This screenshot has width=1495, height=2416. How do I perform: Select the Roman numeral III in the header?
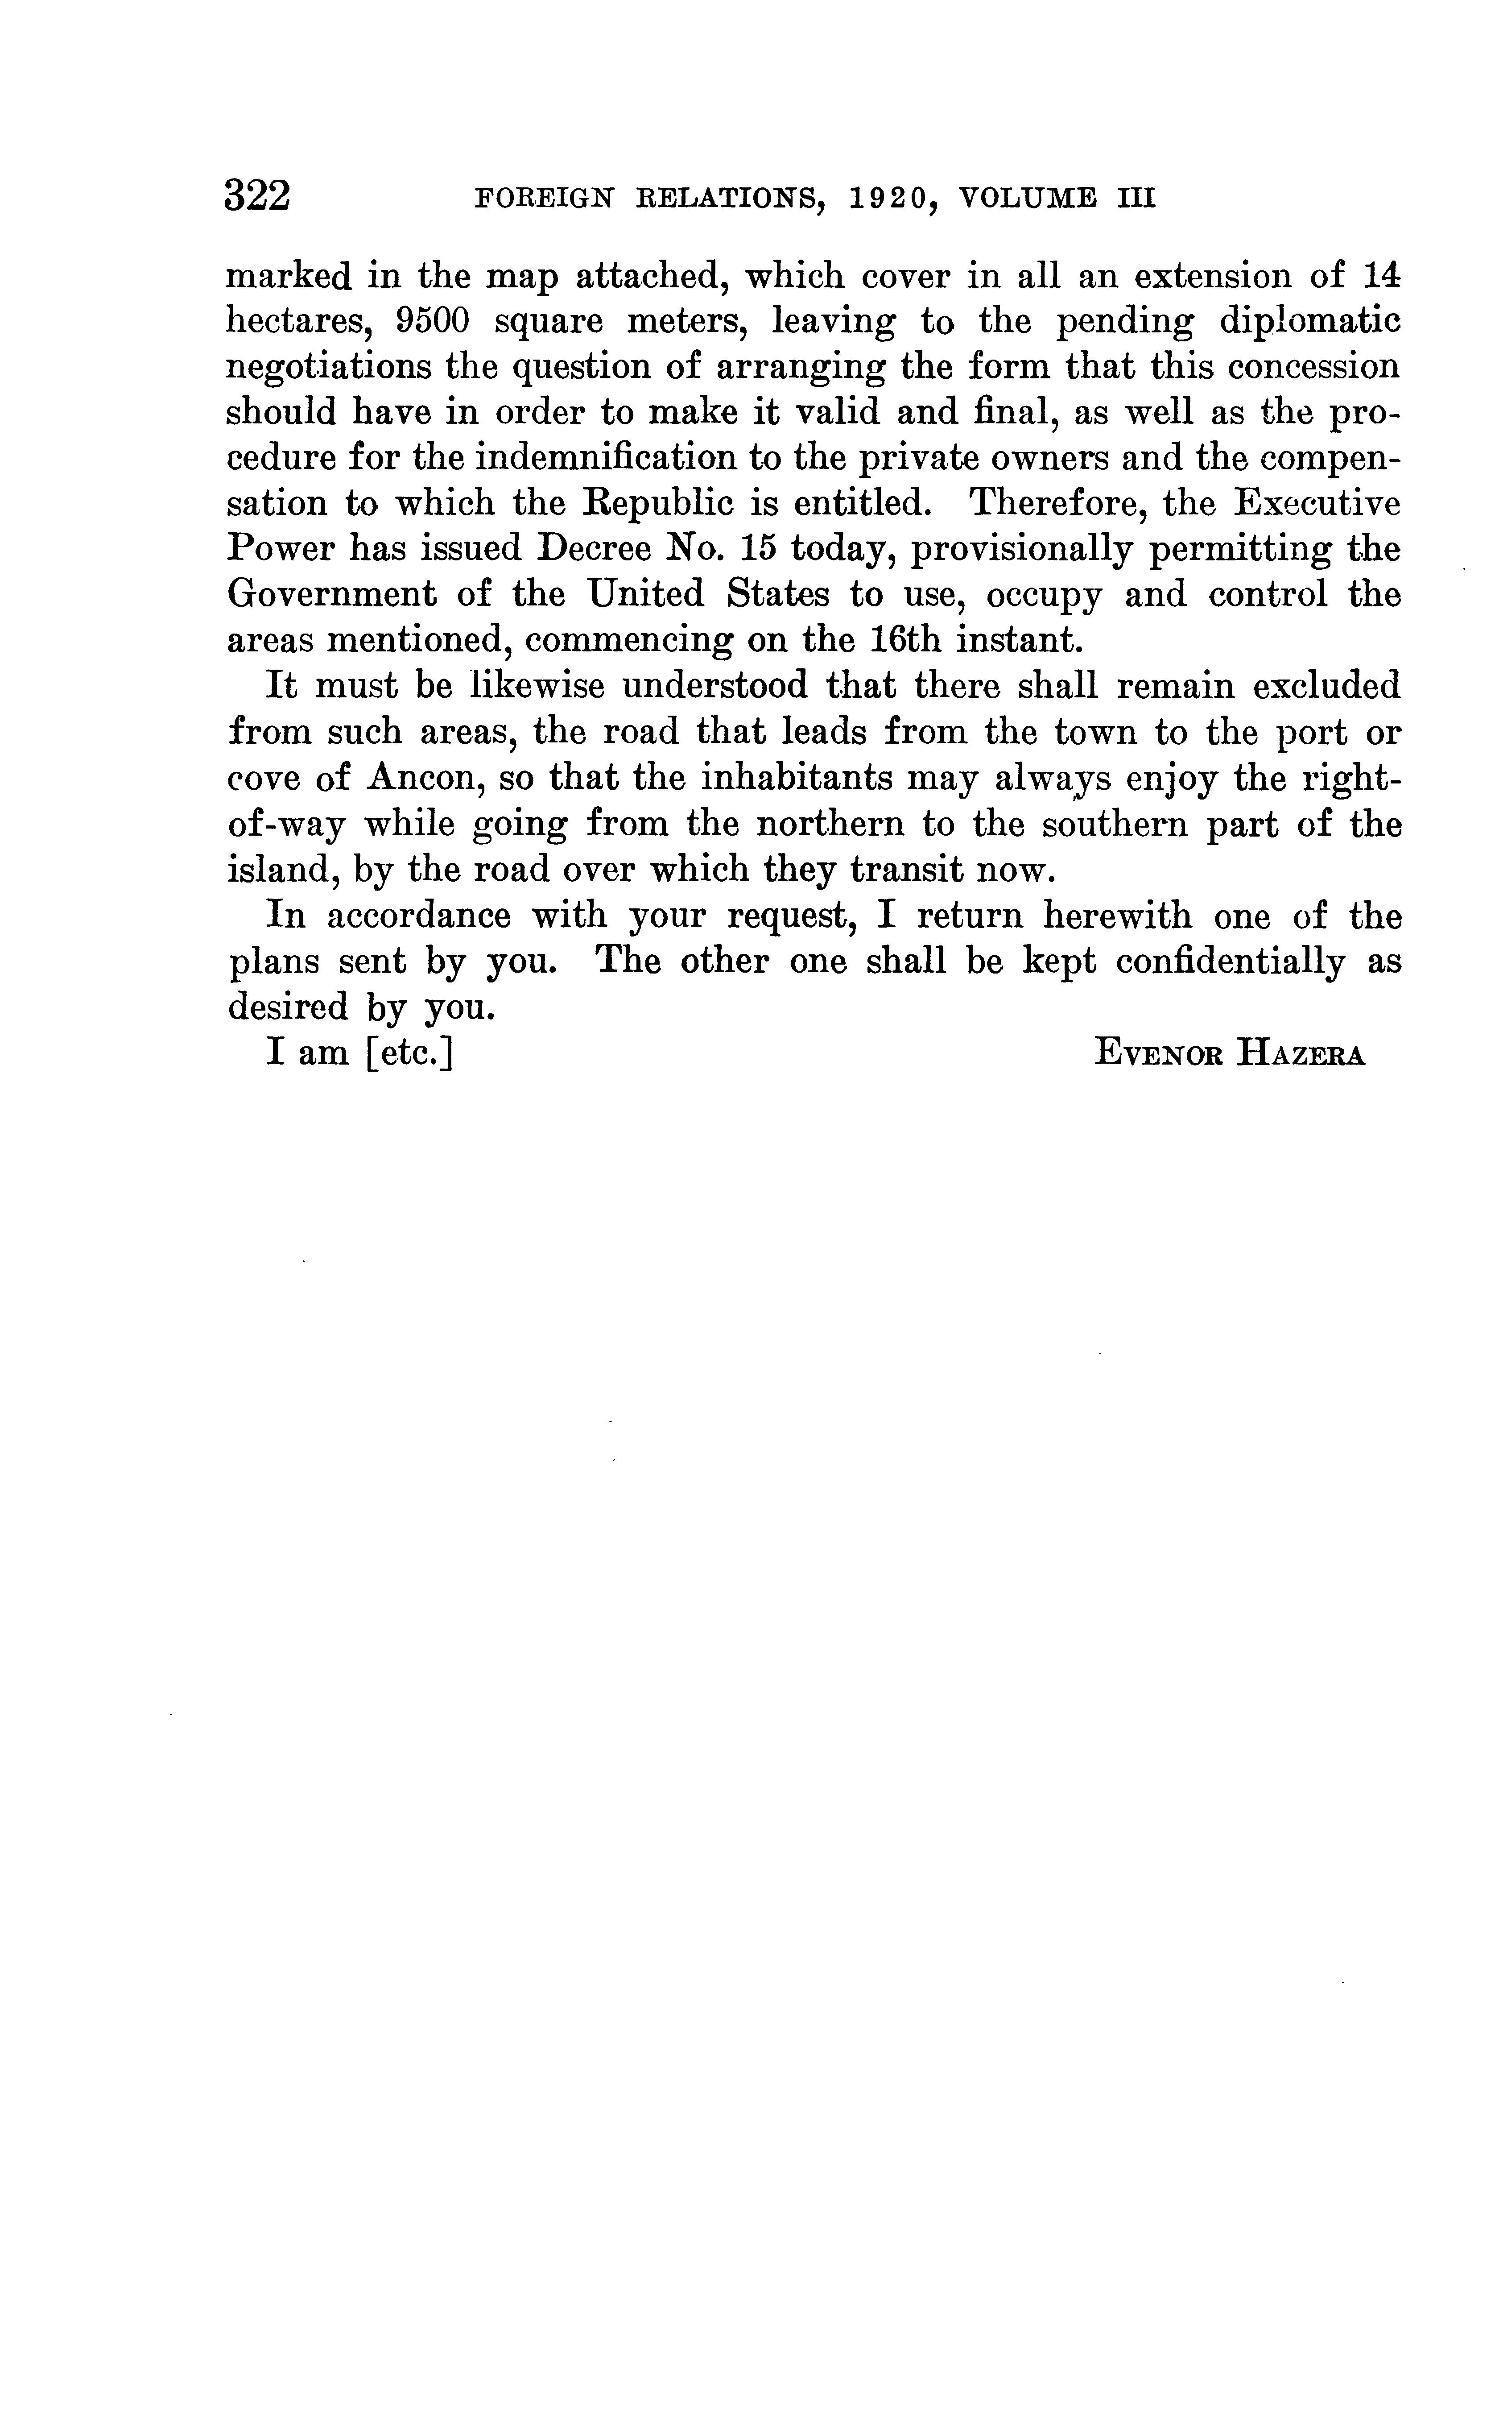(1137, 199)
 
